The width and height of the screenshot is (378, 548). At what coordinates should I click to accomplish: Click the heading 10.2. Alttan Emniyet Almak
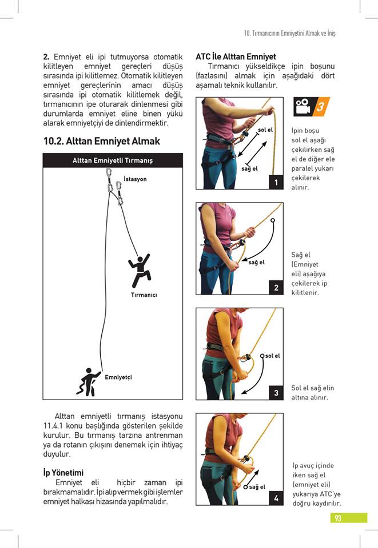click(102, 141)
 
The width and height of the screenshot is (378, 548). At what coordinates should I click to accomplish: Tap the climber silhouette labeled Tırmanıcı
click(140, 270)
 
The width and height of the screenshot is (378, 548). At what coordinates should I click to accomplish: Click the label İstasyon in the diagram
click(136, 179)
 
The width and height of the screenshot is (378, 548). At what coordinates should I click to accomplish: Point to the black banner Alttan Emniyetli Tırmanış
click(113, 160)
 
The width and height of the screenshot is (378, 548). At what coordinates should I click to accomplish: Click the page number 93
click(339, 518)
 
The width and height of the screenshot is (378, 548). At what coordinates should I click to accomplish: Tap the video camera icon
click(303, 106)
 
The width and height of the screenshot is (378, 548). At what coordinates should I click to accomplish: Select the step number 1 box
click(276, 182)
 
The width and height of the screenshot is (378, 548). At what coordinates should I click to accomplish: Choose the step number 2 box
click(276, 288)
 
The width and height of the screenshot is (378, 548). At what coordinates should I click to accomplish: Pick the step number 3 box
click(276, 393)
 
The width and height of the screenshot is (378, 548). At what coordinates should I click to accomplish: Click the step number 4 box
click(276, 498)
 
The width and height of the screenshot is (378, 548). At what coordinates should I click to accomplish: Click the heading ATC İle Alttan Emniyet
click(236, 57)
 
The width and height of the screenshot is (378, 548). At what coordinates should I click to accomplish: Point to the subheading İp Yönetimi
click(63, 473)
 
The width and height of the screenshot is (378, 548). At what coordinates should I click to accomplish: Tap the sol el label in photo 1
click(265, 130)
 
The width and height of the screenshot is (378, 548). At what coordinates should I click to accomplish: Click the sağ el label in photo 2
click(256, 263)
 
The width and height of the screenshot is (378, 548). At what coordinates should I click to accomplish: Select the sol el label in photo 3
click(272, 356)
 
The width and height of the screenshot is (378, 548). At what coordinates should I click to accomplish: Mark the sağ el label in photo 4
click(257, 486)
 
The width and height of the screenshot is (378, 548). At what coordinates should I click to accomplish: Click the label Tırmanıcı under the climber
click(144, 295)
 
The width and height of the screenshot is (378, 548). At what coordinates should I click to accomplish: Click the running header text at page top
click(289, 33)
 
